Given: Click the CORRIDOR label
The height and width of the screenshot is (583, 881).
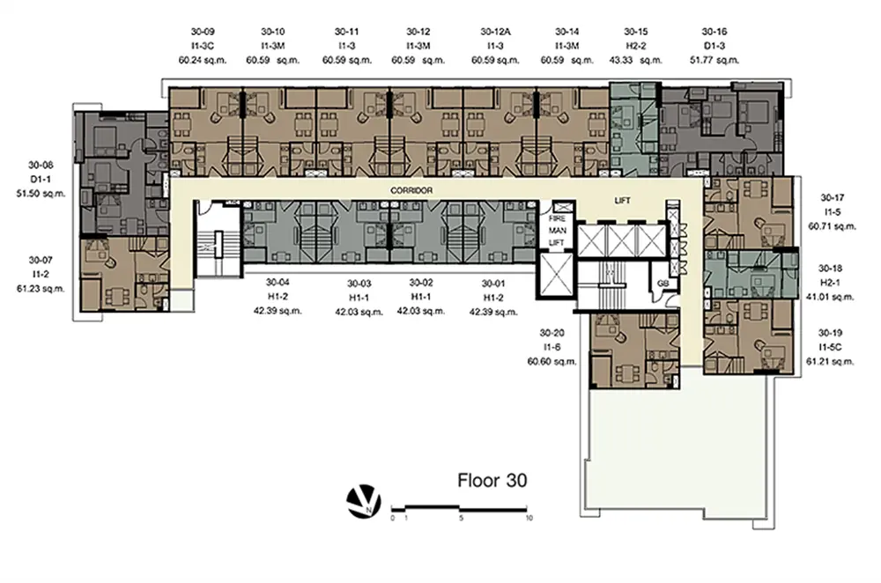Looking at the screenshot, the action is [x=411, y=190].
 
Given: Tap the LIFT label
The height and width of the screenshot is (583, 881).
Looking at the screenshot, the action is [x=623, y=201].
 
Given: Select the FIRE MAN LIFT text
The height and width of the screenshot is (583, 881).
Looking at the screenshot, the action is [x=558, y=230].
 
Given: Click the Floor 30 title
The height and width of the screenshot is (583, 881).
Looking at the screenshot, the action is [x=492, y=481].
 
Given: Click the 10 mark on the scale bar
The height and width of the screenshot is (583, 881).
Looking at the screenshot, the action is [x=529, y=518].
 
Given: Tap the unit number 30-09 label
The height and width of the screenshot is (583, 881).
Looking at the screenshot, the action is [x=203, y=32].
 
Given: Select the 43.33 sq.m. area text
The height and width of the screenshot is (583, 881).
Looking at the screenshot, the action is [x=636, y=60].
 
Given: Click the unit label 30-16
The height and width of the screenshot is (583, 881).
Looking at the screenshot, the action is [x=714, y=32].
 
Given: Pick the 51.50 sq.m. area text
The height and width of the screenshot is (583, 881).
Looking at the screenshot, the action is [x=41, y=194].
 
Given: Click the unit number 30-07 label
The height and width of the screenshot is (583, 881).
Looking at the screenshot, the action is [x=41, y=261].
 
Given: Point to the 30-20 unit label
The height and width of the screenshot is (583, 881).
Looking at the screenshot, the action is [x=552, y=333].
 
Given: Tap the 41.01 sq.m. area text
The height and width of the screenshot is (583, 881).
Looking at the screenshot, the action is [x=830, y=297].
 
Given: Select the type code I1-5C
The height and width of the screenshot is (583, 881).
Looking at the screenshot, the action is [x=830, y=348].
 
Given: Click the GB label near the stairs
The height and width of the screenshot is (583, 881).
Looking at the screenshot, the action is [x=663, y=284].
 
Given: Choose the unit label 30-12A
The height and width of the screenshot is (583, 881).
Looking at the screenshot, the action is [x=495, y=32].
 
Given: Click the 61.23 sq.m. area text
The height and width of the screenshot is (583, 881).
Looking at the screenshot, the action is [x=41, y=289].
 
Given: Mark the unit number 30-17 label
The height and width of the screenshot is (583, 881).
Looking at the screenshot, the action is [x=833, y=197].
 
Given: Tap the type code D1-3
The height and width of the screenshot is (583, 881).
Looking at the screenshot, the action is [x=714, y=46].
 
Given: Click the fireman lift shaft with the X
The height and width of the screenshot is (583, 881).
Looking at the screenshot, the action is [x=557, y=275].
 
